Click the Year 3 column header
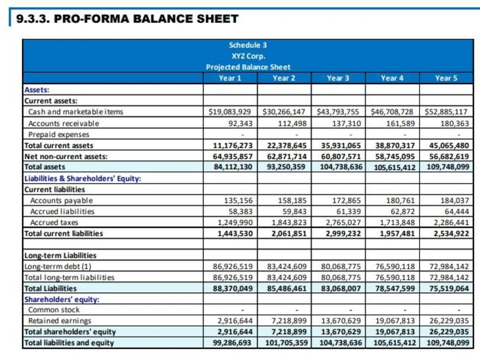(x=338, y=78)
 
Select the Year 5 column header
(x=446, y=78)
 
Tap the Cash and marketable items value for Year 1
(x=229, y=112)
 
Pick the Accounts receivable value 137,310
(x=347, y=123)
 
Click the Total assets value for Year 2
(x=286, y=167)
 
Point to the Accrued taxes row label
(x=54, y=223)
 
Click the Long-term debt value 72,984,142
(x=449, y=266)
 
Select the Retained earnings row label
(x=60, y=321)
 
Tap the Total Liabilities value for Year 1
(x=233, y=288)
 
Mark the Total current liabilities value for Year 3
(x=343, y=234)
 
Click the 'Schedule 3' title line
(x=248, y=45)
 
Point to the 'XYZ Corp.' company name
(x=248, y=56)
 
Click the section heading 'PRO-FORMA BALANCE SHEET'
(x=146, y=19)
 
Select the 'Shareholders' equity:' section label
(x=62, y=300)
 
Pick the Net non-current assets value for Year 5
(x=449, y=156)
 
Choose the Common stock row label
(x=54, y=310)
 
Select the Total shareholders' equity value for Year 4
(x=395, y=332)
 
